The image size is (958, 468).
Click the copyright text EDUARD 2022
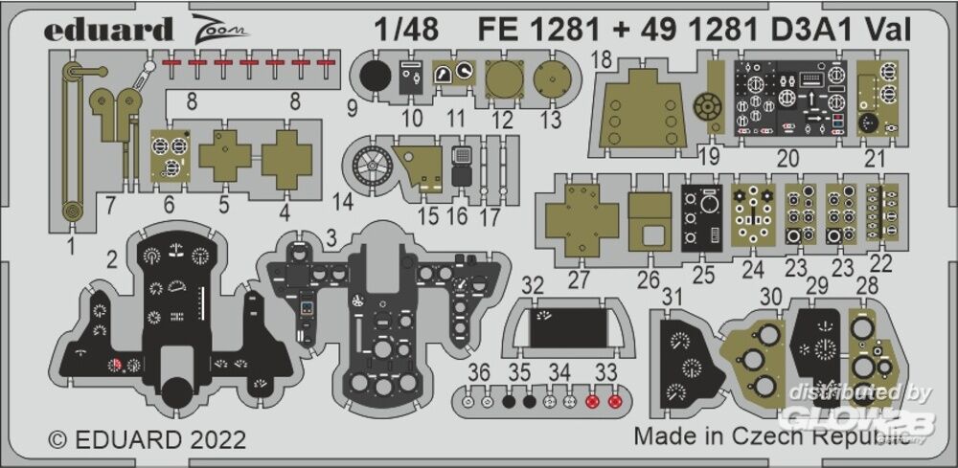(148, 440)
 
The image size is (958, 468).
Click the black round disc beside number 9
(377, 77)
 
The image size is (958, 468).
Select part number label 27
(578, 279)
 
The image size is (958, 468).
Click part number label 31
(673, 297)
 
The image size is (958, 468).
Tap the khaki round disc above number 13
(551, 77)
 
